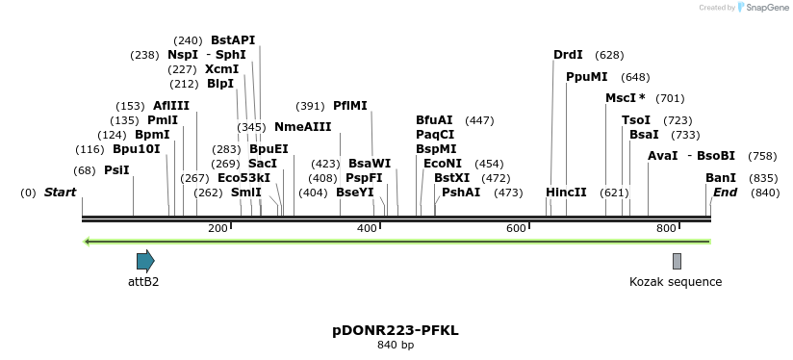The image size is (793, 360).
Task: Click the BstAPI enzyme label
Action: pos(233,40)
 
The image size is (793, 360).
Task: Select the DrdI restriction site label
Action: pos(568,55)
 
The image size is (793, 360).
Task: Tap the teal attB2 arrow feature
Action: pos(145,261)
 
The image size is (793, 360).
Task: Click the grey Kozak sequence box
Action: pos(677,261)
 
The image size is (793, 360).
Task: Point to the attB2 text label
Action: pos(143,282)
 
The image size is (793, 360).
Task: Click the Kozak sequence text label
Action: pos(676,282)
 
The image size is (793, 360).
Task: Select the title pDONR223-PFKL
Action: pos(396,330)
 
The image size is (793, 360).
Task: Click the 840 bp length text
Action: pos(396,345)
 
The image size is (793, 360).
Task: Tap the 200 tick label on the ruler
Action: pos(217,228)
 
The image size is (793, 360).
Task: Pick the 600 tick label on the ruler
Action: pos(516,228)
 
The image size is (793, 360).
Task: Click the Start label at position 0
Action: pos(60,193)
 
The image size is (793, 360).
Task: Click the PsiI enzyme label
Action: pos(116,170)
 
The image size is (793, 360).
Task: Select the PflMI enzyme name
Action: pos(349,106)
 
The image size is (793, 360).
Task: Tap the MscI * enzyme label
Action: pos(625,98)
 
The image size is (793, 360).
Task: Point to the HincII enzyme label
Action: pos(566,193)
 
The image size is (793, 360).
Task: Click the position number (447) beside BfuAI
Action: pos(479,120)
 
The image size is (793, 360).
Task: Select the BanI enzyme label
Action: pos(721,178)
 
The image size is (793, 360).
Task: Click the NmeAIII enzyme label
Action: pos(302,127)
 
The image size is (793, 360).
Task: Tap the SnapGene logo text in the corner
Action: pos(765,8)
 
